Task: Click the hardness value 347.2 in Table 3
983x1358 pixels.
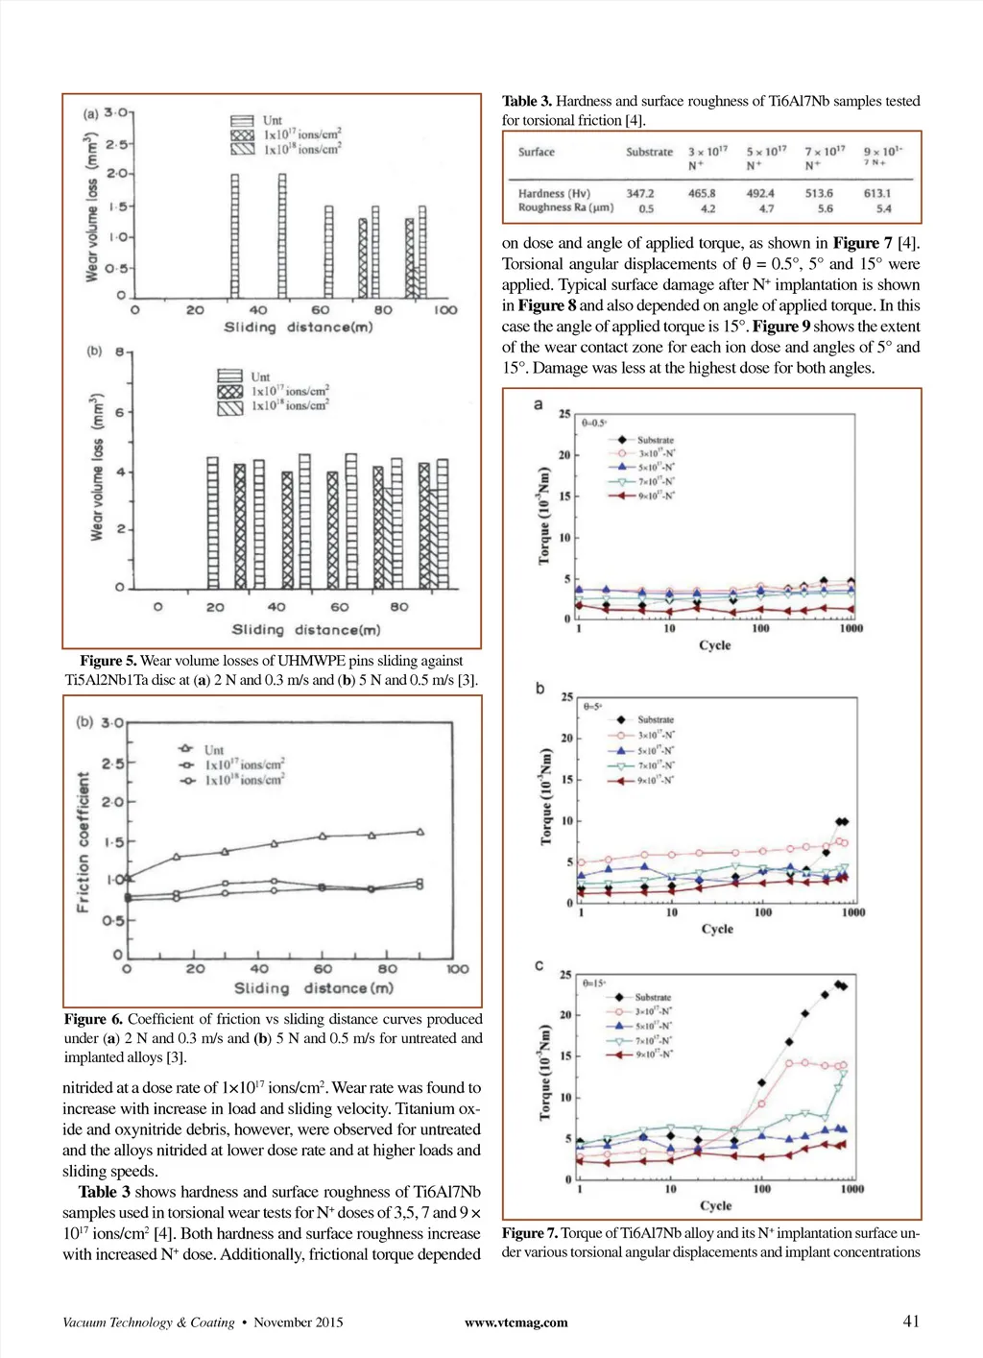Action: (x=639, y=193)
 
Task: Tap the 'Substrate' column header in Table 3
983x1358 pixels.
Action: (x=649, y=152)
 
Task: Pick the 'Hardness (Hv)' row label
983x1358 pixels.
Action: (x=554, y=193)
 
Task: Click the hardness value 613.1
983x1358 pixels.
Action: (x=876, y=193)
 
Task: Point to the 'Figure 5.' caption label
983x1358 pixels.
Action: (x=108, y=661)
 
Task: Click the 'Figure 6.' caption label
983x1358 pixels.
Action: (x=93, y=1019)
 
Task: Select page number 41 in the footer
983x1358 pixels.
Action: (x=911, y=1322)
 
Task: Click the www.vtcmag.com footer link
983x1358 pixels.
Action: (x=515, y=1322)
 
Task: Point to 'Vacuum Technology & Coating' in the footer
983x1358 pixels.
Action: (x=149, y=1322)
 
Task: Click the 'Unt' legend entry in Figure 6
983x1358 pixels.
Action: (x=213, y=749)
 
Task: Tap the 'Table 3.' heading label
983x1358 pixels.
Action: (x=527, y=101)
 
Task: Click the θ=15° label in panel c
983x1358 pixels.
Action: (x=594, y=983)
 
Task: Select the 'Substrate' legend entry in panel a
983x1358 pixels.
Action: (x=656, y=440)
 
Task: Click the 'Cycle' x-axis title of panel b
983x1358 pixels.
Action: (x=717, y=929)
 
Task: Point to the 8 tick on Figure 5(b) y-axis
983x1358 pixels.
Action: (x=120, y=352)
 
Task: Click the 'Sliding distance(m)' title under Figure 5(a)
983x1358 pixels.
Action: (x=298, y=327)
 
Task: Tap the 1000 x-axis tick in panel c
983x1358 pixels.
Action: (x=851, y=1189)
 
